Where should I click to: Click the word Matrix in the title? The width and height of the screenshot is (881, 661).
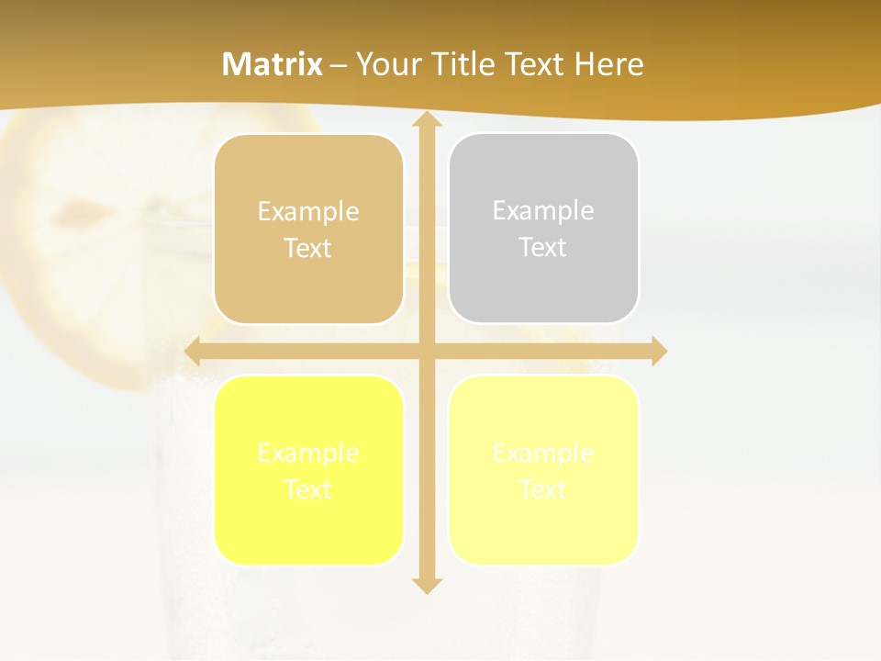point(273,64)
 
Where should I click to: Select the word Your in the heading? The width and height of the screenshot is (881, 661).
point(388,64)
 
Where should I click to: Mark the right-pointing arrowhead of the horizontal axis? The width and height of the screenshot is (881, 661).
point(658,352)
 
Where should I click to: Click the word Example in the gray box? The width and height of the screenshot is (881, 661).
point(543,210)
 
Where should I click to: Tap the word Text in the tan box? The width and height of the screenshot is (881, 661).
point(308,248)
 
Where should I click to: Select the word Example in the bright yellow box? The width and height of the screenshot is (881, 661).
point(308,453)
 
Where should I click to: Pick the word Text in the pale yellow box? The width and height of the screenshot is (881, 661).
point(543,489)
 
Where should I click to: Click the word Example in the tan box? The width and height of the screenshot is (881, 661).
point(308,211)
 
